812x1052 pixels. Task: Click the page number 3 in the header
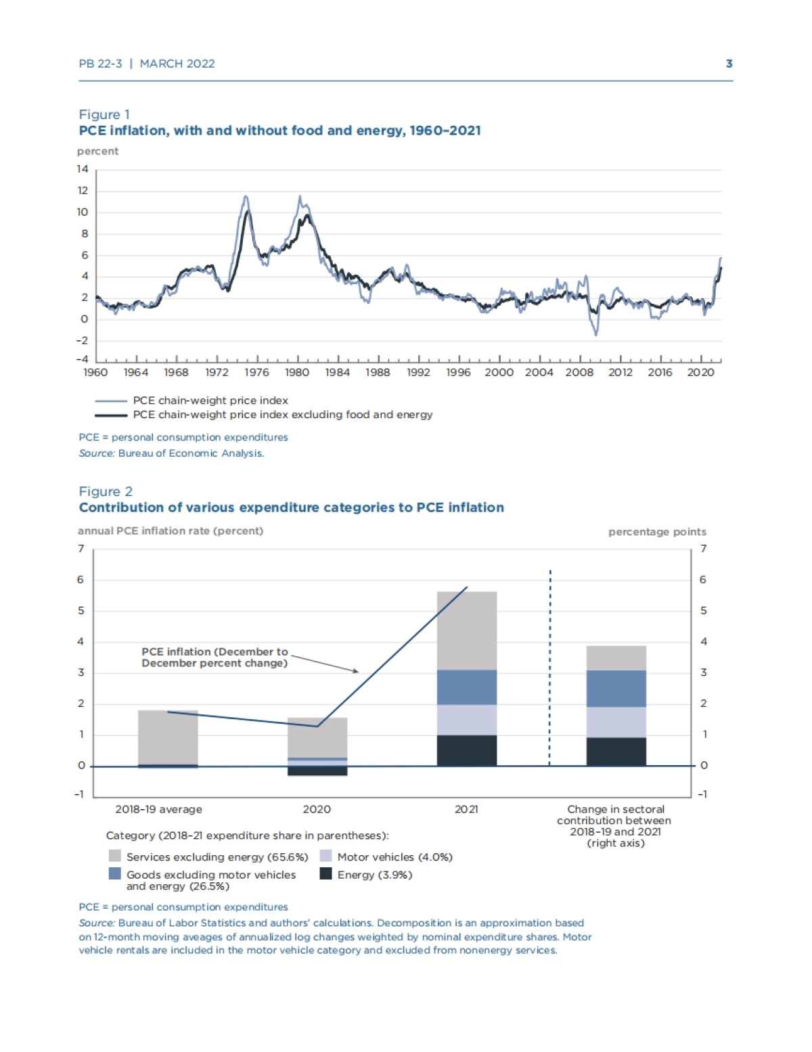[729, 64]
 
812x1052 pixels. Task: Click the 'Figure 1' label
[104, 114]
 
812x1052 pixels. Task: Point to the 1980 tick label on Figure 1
[297, 372]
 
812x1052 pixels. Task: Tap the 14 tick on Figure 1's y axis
[83, 169]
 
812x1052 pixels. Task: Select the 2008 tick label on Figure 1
[579, 372]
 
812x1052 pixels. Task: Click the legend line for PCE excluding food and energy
[111, 415]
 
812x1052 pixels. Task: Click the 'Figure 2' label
[106, 491]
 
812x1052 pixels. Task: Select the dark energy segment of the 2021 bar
[467, 750]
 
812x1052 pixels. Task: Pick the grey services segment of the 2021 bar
[467, 631]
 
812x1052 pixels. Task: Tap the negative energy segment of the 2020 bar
[317, 771]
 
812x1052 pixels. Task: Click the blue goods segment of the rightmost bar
[616, 688]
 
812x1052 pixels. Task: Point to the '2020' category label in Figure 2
[317, 809]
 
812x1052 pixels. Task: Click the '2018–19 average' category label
[158, 809]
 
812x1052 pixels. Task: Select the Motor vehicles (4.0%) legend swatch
[325, 856]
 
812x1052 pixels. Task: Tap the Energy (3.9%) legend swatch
[325, 874]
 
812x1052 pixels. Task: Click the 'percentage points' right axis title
[656, 532]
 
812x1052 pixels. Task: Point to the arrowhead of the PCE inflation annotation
[356, 671]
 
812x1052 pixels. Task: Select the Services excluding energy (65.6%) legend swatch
[115, 856]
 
